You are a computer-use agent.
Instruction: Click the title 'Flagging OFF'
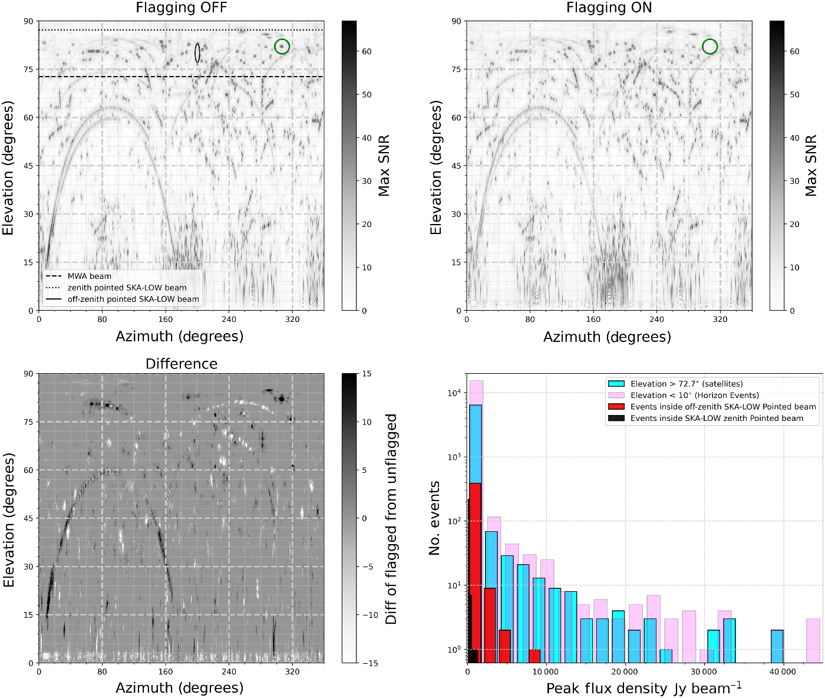181,8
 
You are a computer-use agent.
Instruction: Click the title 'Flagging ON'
609,8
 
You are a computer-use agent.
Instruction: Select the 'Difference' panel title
181,364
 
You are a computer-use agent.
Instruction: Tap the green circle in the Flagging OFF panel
282,47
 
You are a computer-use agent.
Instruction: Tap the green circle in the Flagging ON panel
710,47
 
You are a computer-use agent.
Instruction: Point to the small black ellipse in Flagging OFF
197,53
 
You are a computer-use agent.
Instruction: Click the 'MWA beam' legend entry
89,276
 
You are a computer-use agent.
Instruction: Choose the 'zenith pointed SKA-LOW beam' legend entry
127,288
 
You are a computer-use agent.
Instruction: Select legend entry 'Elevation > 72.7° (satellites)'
686,384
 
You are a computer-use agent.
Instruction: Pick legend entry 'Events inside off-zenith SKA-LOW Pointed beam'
722,407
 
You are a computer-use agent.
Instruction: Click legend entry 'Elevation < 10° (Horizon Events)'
694,395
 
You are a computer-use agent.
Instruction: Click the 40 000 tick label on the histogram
783,671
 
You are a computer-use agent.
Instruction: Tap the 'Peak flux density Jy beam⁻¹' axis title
643,689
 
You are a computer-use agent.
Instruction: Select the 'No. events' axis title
435,518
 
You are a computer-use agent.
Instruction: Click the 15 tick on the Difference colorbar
366,374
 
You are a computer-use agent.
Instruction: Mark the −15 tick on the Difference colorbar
369,663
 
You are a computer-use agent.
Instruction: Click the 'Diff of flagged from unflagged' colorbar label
391,519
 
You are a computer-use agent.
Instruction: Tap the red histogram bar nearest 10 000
534,656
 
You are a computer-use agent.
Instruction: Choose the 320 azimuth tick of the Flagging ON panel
720,320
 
